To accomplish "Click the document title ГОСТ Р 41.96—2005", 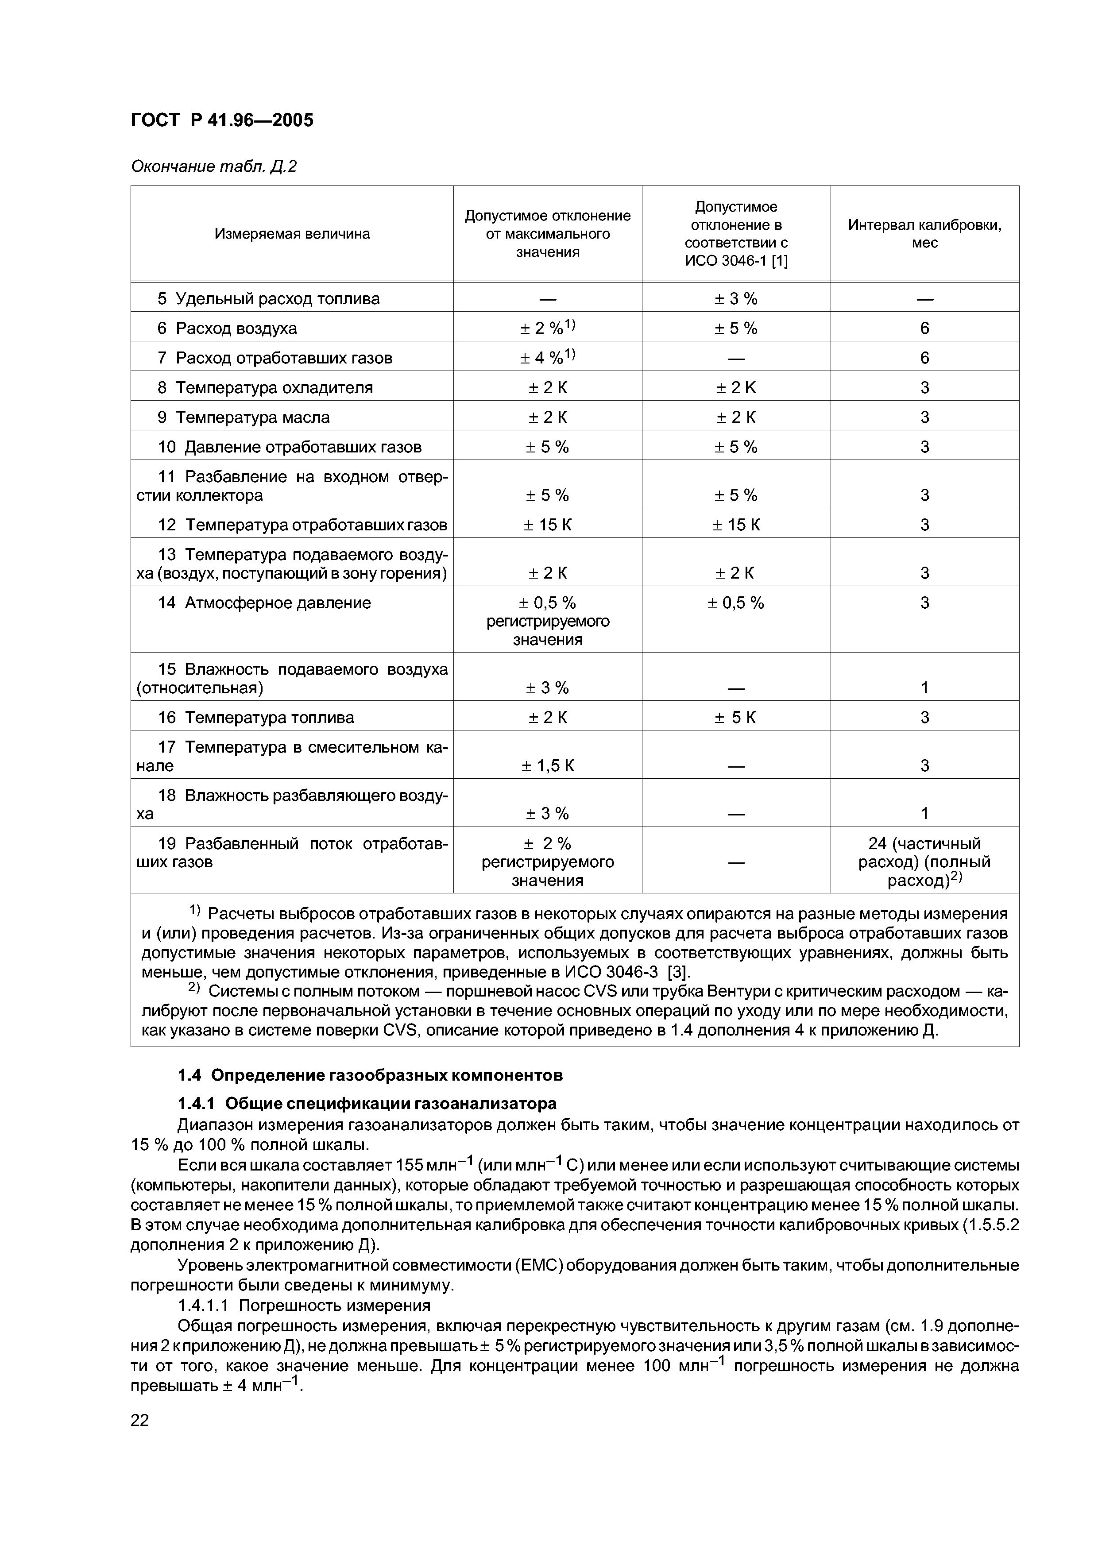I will click(222, 120).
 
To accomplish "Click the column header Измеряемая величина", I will click(292, 234).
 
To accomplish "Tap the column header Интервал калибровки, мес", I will click(924, 234).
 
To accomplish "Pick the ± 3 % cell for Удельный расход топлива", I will click(736, 298).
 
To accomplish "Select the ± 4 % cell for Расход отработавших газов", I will click(547, 357).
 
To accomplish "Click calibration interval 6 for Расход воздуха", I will click(924, 328).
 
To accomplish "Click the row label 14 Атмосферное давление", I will click(264, 603).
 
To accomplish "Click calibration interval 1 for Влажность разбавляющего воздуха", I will click(924, 814).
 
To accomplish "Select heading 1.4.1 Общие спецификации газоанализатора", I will click(367, 1104).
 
